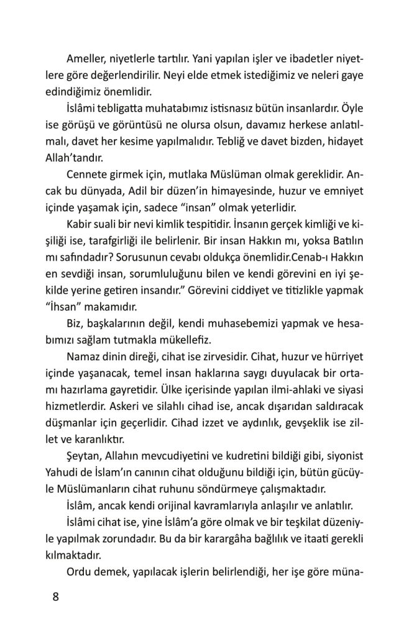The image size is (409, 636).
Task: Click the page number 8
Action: coord(55,597)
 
